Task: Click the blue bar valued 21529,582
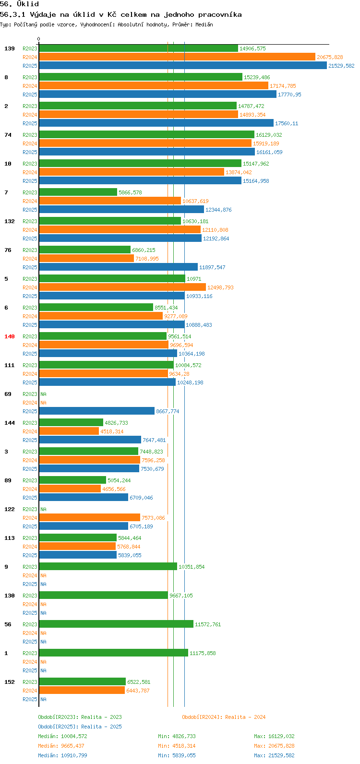click(183, 65)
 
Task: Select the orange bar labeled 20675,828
click(177, 57)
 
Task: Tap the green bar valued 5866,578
click(78, 192)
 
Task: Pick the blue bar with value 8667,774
click(97, 411)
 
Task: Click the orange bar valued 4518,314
click(69, 431)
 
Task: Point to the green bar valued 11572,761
click(116, 624)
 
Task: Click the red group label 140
click(10, 336)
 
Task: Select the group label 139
click(10, 49)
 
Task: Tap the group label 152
click(10, 682)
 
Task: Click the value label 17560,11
click(287, 123)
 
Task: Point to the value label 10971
click(194, 279)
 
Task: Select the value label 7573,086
click(153, 518)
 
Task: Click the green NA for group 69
click(43, 394)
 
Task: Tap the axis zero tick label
click(38, 39)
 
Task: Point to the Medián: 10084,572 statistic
click(62, 736)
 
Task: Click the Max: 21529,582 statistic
click(275, 755)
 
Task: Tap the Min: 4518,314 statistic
click(177, 746)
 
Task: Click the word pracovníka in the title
click(220, 15)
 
